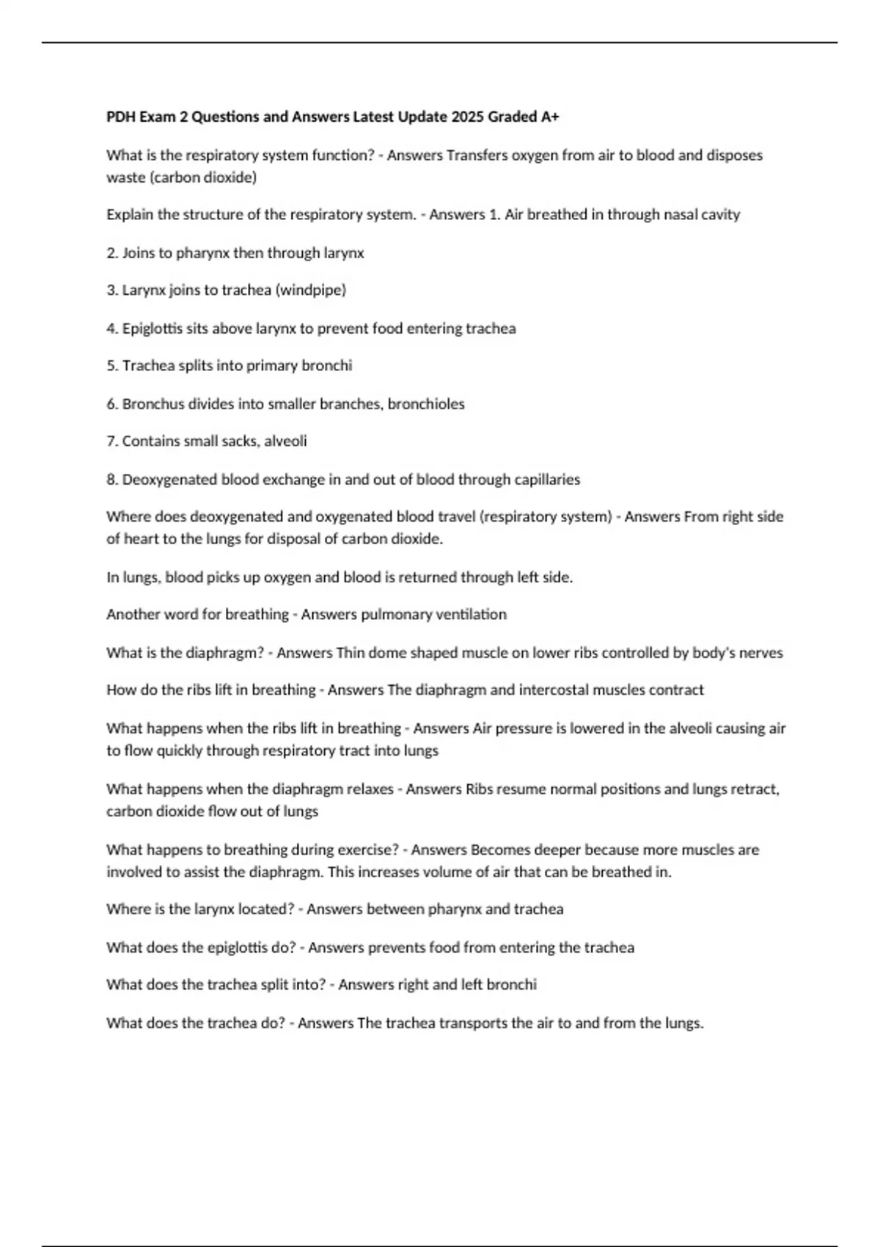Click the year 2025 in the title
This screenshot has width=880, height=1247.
[467, 117]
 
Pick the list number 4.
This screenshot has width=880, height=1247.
[112, 328]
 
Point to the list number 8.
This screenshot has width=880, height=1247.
[112, 479]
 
